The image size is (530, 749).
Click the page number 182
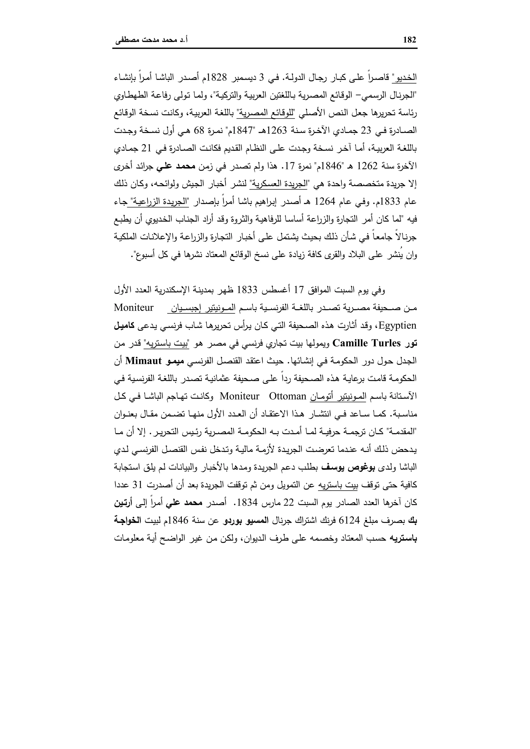coord(410,40)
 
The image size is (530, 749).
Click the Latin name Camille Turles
coord(366,343)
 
